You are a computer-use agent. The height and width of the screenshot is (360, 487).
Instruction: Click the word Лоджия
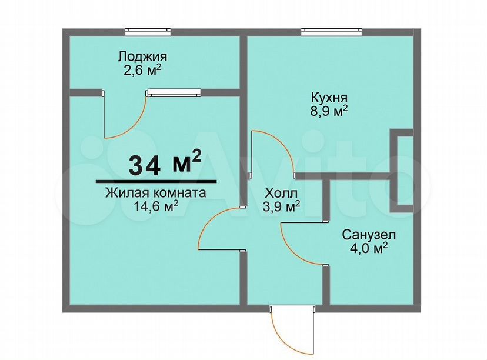point(142,57)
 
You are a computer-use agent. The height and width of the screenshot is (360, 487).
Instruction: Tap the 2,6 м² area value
point(142,70)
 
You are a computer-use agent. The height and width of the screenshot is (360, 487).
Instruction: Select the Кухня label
point(329,98)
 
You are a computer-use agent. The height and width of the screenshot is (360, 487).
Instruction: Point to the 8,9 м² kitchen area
point(329,111)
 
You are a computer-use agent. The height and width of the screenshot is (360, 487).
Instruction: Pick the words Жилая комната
point(156,193)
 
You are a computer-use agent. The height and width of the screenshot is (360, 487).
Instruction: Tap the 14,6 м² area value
point(156,206)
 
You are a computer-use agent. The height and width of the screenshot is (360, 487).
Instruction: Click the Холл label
point(281,193)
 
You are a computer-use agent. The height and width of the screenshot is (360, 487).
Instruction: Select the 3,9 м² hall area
point(281,206)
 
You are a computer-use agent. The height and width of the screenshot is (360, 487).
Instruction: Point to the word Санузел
point(369,235)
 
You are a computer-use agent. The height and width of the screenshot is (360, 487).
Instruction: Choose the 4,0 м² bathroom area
point(369,248)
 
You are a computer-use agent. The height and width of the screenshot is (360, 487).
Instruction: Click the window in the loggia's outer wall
point(148,31)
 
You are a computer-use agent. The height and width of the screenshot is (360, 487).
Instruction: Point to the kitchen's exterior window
point(331,31)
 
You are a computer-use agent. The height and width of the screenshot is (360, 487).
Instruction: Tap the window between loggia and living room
point(174,92)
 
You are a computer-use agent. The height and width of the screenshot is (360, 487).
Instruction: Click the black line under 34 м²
point(156,181)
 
